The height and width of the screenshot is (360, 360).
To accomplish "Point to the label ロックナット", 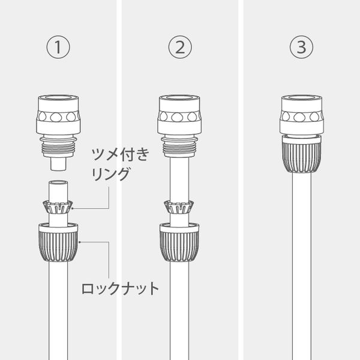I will click(x=120, y=289).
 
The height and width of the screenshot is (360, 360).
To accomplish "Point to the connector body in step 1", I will click(x=58, y=114).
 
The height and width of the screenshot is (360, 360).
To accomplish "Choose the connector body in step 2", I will click(x=178, y=114).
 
